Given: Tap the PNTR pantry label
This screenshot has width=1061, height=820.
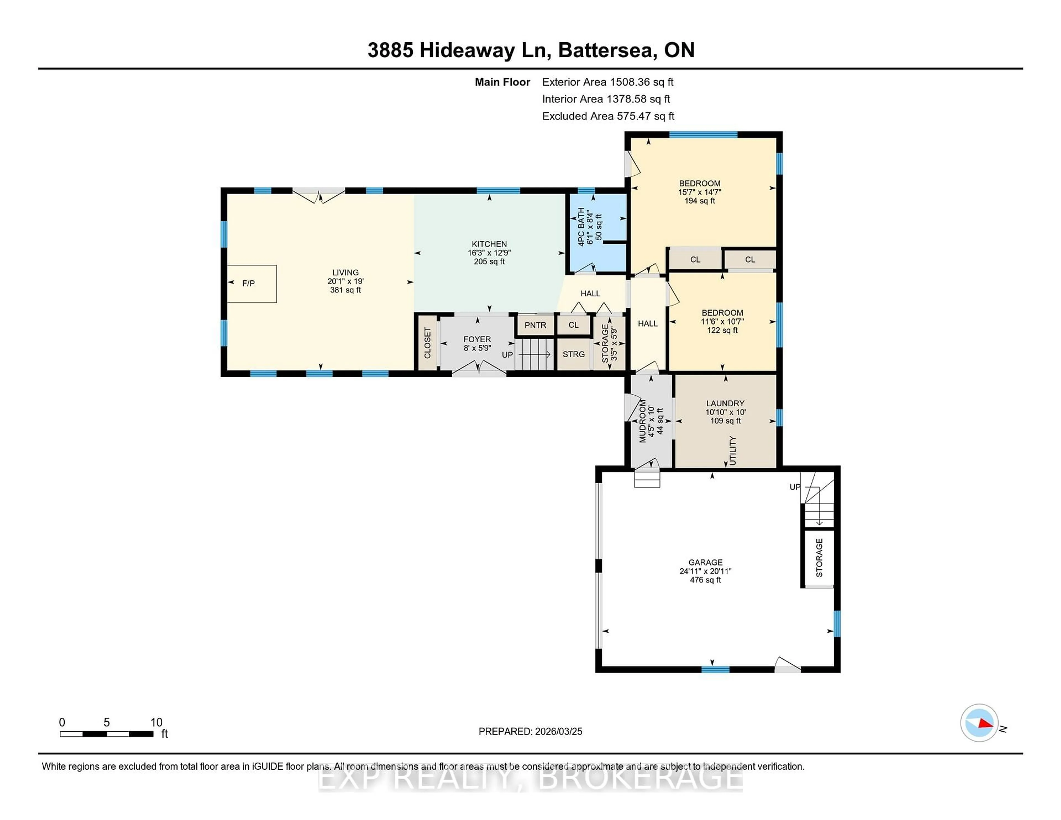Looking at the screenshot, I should [535, 325].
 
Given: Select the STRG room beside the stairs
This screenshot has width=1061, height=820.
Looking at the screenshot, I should [573, 354].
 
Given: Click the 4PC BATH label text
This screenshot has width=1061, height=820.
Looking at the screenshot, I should [581, 226].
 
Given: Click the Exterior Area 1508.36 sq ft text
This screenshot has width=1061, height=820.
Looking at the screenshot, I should [608, 82].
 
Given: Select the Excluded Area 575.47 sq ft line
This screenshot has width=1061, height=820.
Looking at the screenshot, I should [608, 116].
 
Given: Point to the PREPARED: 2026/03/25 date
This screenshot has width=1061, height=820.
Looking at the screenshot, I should [530, 732].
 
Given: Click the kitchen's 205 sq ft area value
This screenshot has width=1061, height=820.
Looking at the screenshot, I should [489, 261].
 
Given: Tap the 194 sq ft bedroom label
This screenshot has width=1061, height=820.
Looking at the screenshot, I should [700, 201].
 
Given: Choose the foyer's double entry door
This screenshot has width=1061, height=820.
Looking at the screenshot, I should [479, 369].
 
